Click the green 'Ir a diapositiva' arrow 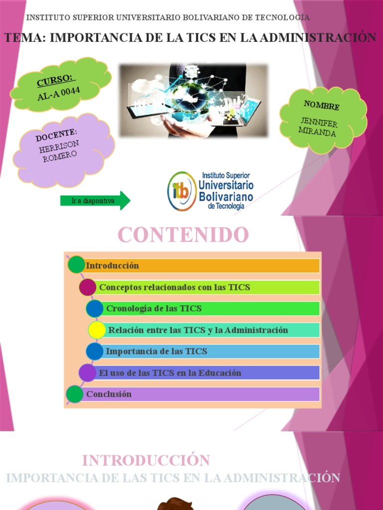coord(95,201)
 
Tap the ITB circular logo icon coord(182,191)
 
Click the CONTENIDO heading coord(183,235)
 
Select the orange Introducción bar coord(202,266)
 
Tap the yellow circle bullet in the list coord(97,330)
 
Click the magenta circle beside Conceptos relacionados coord(87,287)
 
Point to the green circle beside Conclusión coord(75,394)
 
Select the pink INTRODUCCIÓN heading coord(146,460)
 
